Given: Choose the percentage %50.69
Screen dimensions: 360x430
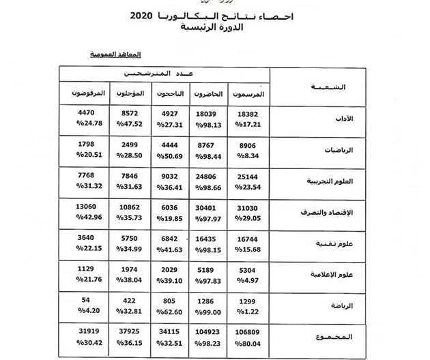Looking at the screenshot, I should click(168, 155).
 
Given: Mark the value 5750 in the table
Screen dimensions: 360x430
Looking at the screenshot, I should click(130, 238).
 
